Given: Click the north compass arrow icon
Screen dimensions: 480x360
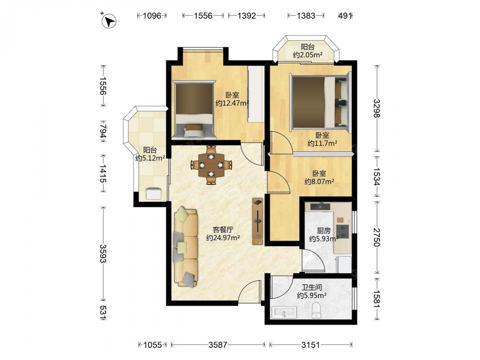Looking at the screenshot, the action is tap(109, 22).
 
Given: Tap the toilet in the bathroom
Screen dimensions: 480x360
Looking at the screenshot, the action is tap(316, 310).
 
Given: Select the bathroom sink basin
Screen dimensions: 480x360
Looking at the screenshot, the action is tap(284, 312).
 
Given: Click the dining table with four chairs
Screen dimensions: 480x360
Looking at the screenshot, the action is tap(211, 165).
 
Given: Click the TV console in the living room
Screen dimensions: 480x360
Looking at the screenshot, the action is tap(258, 222).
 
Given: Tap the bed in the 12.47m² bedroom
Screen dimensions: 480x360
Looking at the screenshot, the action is tap(194, 108).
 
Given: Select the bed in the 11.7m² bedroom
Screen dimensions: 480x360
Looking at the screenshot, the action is tap(320, 101).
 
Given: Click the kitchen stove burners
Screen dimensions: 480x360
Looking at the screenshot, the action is tap(343, 231).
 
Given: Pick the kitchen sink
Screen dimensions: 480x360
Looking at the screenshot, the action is tap(321, 206).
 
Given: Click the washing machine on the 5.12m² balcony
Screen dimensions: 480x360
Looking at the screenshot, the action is tap(154, 193).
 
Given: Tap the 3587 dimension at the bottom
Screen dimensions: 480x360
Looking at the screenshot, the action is tap(218, 345).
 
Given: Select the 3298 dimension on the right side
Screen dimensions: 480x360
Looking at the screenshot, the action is tap(377, 108).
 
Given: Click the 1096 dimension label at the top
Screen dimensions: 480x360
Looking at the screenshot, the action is tap(152, 15).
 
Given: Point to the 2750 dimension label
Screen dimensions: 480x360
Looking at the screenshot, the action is tap(377, 237).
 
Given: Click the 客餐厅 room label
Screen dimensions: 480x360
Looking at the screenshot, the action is tap(223, 229).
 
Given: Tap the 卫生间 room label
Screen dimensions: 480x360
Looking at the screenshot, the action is tap(312, 288).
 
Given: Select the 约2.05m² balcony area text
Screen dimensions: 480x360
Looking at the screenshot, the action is tap(308, 55).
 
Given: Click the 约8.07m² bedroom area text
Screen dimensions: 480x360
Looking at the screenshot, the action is tap(319, 182).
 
